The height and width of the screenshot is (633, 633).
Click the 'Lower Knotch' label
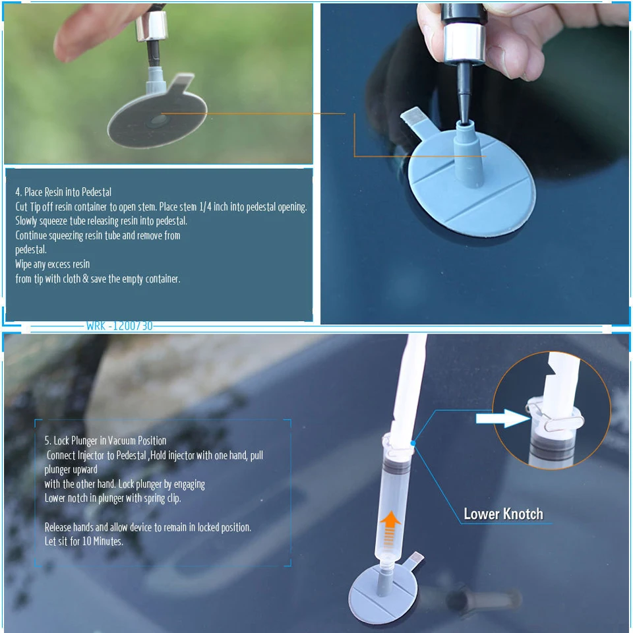[x=503, y=514]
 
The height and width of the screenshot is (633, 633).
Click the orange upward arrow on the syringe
[x=391, y=528]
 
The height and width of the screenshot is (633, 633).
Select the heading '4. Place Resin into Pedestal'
[x=63, y=192]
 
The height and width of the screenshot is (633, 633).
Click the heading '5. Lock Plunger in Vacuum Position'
[x=105, y=440]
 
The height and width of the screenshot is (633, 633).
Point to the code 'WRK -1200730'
[x=119, y=326]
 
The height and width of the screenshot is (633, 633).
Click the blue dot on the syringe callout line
[x=413, y=444]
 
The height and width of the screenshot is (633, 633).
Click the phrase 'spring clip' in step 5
[x=162, y=498]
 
